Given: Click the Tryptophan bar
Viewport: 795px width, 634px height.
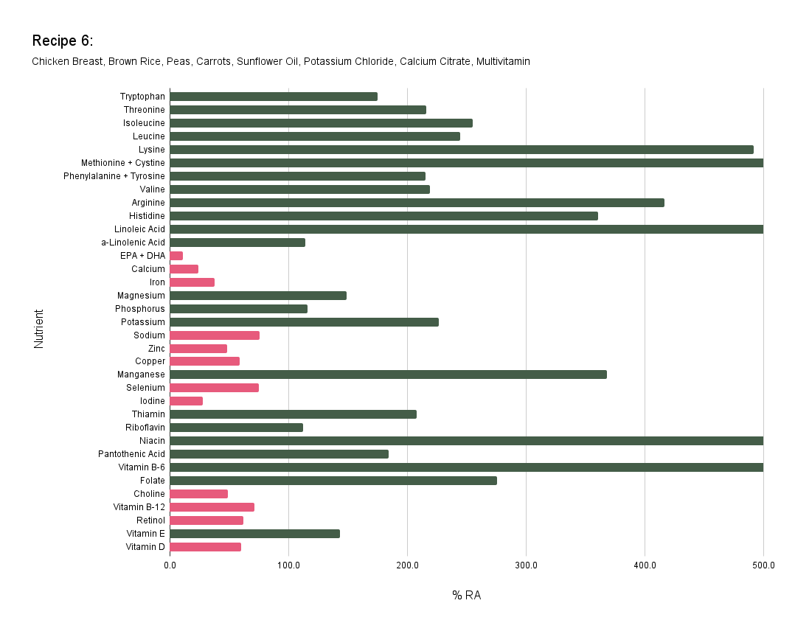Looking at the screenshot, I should click(x=273, y=97).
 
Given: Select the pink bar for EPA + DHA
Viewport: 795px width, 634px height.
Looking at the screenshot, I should click(x=176, y=256).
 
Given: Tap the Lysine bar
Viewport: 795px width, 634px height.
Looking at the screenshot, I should click(x=461, y=150).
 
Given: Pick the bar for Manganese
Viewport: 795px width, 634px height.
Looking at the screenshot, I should click(x=388, y=375).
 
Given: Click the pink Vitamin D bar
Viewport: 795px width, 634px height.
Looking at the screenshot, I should click(x=205, y=547).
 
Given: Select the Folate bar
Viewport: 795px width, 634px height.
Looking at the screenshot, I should click(x=333, y=481).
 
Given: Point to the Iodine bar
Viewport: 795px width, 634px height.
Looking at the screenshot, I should click(x=186, y=401).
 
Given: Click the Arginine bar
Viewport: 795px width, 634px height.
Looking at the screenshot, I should click(x=417, y=203).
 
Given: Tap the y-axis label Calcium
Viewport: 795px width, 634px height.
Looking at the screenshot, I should click(x=148, y=269).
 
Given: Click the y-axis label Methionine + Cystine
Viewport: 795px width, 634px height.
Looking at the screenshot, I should click(x=123, y=163).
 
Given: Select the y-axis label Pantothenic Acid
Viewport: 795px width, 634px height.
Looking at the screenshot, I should click(x=131, y=454).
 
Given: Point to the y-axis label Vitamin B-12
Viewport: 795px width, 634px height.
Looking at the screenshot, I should click(x=139, y=507).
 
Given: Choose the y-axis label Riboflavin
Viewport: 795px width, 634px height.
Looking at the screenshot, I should click(x=145, y=428).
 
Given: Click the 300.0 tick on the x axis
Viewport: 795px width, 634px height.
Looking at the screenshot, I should click(x=526, y=565).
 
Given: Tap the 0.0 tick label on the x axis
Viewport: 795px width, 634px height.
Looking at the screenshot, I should click(x=170, y=565).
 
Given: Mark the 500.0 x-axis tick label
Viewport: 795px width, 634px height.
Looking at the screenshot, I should click(x=763, y=565).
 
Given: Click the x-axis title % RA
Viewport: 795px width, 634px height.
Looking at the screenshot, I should click(x=466, y=595).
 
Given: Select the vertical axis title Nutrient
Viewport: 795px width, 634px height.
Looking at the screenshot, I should click(x=39, y=328).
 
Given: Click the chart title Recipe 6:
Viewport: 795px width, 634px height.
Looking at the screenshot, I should click(x=62, y=41).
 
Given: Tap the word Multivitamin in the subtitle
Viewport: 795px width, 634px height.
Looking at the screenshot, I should click(x=503, y=61).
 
